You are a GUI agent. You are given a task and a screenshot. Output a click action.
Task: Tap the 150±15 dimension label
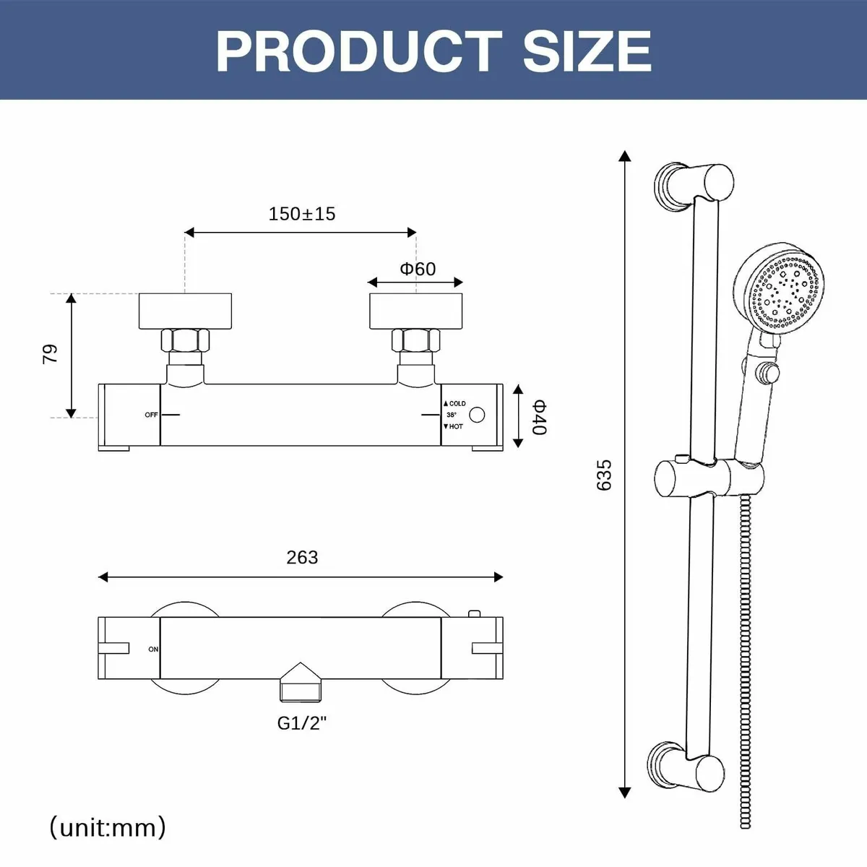302,214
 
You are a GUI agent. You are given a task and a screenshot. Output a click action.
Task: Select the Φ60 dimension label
418,269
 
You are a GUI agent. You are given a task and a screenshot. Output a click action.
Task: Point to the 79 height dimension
50,354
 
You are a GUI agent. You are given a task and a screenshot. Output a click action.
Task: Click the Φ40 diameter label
540,417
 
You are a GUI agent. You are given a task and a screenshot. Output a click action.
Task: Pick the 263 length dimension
302,558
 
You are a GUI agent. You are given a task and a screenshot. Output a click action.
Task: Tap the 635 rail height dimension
604,475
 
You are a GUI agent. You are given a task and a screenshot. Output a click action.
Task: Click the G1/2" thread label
301,723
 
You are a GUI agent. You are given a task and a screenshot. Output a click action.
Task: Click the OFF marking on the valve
151,415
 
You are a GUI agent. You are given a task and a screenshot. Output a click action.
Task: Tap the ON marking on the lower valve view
153,650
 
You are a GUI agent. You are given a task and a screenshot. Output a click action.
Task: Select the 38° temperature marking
451,415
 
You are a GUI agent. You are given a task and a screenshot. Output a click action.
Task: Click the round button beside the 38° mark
477,415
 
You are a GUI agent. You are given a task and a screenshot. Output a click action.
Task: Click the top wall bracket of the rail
694,185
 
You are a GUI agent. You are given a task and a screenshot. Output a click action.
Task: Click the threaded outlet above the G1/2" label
301,682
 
